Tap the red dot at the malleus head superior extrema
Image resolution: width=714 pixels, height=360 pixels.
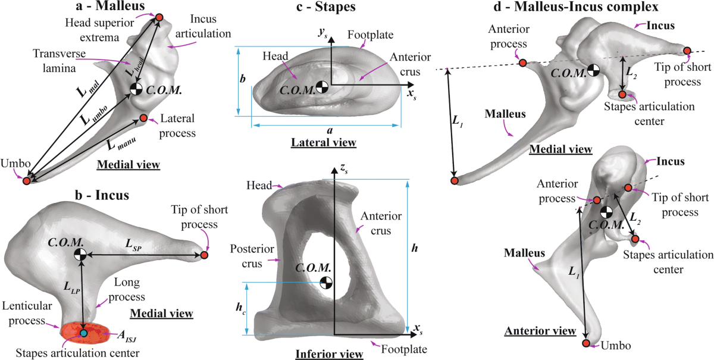click(x=159, y=18)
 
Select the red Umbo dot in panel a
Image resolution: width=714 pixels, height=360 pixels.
click(x=26, y=180)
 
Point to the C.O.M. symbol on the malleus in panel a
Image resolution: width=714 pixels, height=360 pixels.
click(x=136, y=89)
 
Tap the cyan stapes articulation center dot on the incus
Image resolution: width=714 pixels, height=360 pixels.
click(x=83, y=333)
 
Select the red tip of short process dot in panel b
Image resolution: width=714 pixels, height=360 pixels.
click(x=204, y=255)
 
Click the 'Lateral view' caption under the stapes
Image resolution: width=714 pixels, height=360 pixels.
click(x=323, y=142)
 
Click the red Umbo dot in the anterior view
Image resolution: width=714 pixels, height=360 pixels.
click(x=586, y=343)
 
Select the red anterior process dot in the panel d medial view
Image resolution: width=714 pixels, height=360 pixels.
click(x=522, y=63)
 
